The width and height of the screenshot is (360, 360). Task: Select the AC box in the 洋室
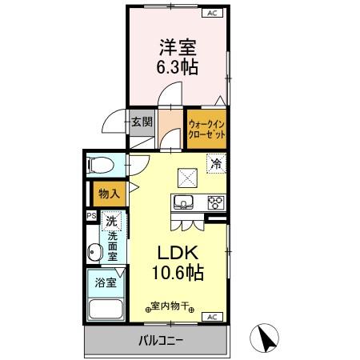pos(213,14)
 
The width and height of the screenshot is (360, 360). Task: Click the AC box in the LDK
pos(211,317)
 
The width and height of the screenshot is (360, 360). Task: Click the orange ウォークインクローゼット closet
pos(207,129)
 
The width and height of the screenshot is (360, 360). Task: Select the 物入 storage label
pos(108,193)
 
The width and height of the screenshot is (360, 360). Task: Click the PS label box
pos(90,214)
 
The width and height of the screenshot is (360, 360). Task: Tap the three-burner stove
pos(214,202)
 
